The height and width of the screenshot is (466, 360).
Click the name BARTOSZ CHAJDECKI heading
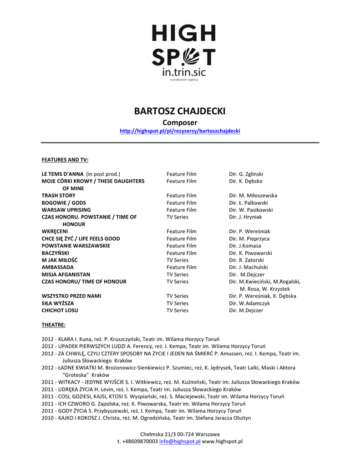tap(180, 111)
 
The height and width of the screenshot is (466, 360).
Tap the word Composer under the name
tap(180, 122)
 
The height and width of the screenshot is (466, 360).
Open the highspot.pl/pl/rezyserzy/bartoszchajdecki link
tap(180, 131)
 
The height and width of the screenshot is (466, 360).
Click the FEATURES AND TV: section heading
tap(65, 160)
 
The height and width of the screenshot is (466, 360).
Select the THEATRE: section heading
tap(53, 325)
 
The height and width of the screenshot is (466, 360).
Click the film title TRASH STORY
tap(59, 196)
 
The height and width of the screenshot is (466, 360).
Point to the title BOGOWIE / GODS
tap(64, 203)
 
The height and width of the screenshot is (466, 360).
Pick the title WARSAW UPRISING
tap(66, 210)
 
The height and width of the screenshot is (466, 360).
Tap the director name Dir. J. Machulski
tap(248, 268)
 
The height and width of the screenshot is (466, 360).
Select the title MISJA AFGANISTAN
tap(66, 275)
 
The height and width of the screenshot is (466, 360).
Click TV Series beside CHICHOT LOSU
tap(177, 310)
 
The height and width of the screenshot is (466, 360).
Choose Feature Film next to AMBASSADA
tap(181, 268)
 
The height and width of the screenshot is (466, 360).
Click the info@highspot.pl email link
tap(180, 441)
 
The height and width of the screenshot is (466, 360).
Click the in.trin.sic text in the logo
tap(183, 72)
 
